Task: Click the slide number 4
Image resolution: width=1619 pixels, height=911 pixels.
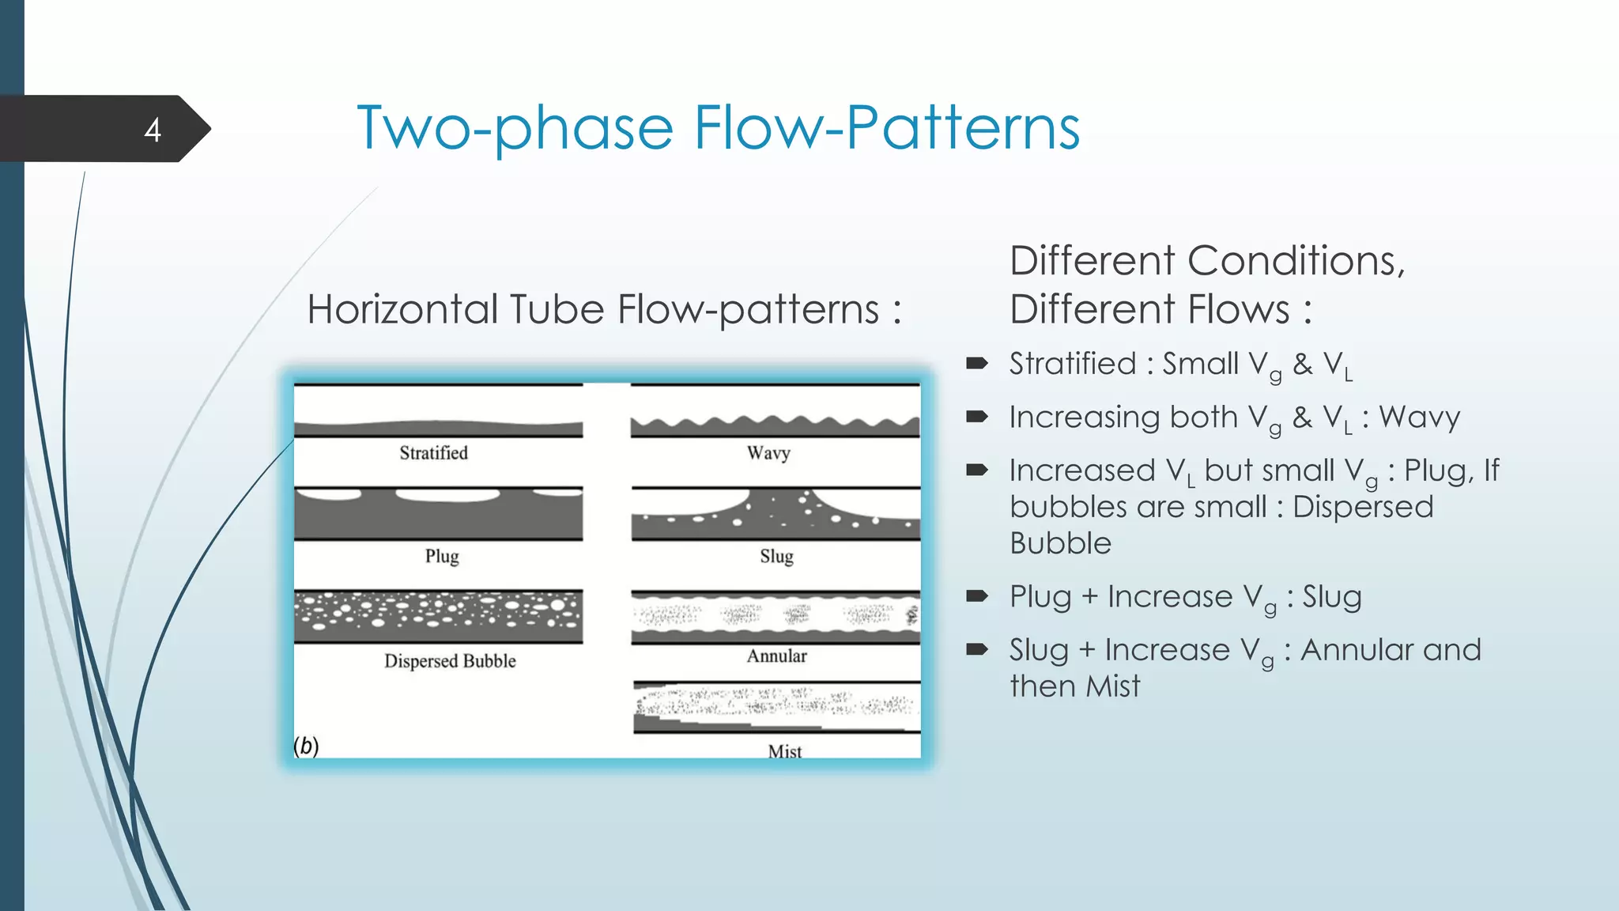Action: pos(153,130)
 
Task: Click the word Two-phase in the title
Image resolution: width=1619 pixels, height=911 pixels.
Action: pos(515,128)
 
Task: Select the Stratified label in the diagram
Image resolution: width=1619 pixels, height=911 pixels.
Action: pos(433,453)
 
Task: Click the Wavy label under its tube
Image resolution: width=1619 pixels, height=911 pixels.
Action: pos(768,453)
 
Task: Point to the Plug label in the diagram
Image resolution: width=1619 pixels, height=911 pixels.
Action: pos(442,557)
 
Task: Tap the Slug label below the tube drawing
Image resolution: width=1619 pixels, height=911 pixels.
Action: pos(776,557)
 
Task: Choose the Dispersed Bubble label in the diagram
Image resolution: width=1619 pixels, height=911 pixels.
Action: pos(450,661)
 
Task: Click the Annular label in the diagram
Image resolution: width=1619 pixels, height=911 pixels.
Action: pos(776,656)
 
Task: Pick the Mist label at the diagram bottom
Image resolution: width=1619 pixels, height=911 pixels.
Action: pos(784,751)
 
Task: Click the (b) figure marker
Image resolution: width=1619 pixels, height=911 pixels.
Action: pos(306,746)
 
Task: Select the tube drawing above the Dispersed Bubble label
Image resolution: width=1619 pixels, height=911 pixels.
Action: pos(438,616)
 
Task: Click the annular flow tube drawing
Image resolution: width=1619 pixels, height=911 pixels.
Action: pos(775,617)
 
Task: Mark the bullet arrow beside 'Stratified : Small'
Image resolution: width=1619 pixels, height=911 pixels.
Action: pos(977,364)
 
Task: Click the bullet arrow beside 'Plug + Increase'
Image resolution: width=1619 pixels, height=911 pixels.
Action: pos(977,596)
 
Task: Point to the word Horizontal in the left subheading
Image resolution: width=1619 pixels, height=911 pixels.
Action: pos(402,309)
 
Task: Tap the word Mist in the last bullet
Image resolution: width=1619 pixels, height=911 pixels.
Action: pos(1113,686)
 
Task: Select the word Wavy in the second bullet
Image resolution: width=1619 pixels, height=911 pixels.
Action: pos(1420,418)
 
